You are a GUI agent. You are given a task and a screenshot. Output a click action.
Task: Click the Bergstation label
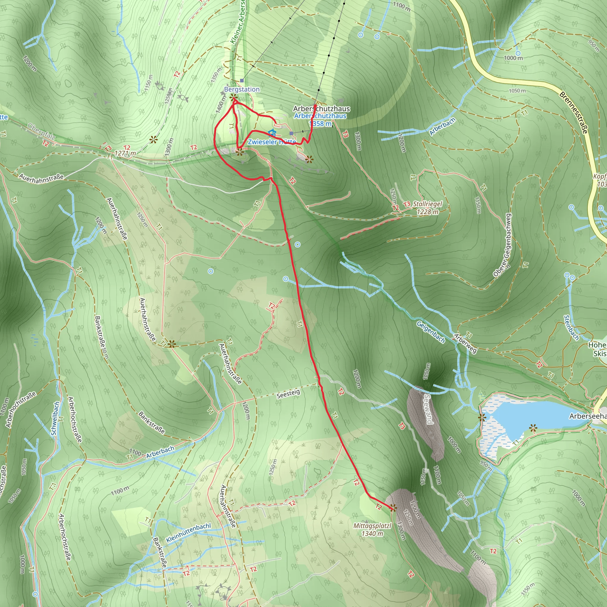tap(242, 90)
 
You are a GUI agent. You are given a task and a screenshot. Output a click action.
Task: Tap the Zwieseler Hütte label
tap(271, 142)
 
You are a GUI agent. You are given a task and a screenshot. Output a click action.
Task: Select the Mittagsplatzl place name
tap(372, 525)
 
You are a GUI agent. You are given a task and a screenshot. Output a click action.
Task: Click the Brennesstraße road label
tap(573, 112)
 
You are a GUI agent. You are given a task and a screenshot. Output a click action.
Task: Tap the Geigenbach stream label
tap(430, 332)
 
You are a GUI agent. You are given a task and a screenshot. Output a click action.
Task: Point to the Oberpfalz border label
tap(41, 132)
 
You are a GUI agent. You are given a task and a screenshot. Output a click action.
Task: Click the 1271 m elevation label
tap(125, 153)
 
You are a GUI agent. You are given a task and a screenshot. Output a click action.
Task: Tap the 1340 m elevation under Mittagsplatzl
tap(372, 533)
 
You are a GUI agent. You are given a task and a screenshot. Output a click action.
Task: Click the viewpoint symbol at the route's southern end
tap(392, 508)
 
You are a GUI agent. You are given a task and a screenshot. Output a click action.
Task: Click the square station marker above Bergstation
tap(242, 81)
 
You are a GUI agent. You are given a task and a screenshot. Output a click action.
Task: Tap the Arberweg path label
tap(465, 344)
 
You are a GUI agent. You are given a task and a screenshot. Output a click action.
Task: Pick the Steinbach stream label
tap(571, 328)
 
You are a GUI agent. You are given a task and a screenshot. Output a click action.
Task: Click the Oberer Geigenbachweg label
tap(502, 245)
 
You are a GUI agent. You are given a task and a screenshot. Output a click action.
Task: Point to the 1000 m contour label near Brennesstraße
tap(513, 58)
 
